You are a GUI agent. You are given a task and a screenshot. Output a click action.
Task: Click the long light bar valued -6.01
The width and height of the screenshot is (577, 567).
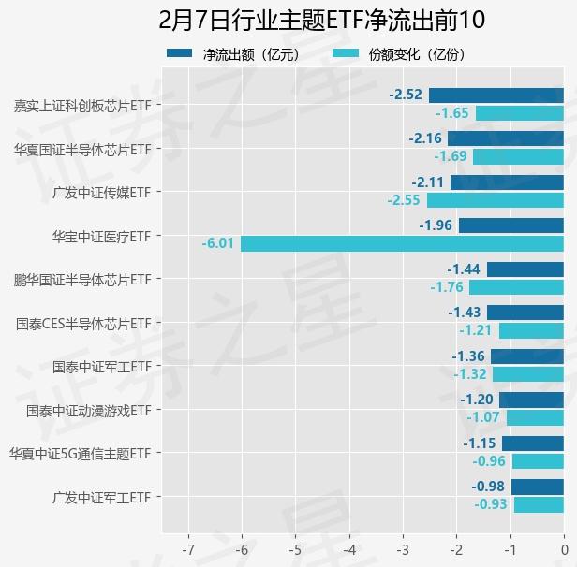coord(402,243)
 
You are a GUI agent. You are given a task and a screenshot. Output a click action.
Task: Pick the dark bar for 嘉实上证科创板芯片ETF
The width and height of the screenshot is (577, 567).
coord(496,94)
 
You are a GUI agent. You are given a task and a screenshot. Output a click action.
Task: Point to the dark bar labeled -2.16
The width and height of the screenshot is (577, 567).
coord(506,138)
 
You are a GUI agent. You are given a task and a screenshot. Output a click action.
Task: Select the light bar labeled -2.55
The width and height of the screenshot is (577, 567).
coord(496,200)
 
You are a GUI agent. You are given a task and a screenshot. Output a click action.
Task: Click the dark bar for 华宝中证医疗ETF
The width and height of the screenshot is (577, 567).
coord(511,225)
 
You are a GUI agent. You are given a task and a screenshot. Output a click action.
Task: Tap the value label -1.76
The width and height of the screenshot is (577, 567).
coord(447,287)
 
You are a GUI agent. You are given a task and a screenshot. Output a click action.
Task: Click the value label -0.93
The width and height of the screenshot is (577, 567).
coord(491,504)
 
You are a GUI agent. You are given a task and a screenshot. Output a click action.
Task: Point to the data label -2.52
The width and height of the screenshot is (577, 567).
coord(406,94)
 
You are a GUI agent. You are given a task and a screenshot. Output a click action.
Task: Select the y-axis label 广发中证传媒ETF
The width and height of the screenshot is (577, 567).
coord(102,192)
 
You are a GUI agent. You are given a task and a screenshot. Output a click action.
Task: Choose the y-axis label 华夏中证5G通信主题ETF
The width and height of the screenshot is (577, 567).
coord(80,454)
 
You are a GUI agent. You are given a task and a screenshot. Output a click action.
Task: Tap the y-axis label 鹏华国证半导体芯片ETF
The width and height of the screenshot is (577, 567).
coord(82,279)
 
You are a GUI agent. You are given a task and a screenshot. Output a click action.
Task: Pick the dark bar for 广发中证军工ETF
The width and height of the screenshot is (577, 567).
coord(538,487)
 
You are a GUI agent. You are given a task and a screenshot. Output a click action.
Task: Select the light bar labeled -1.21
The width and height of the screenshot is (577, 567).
coord(531,330)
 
